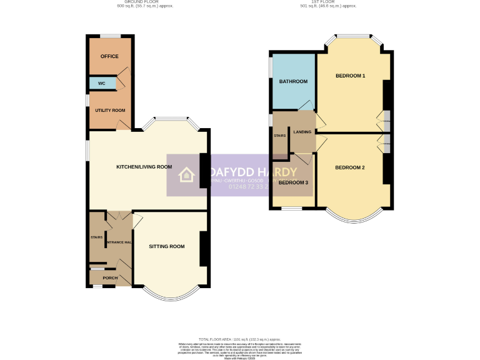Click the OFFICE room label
pyautogui.click(x=109, y=56)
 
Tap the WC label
pyautogui.click(x=101, y=83)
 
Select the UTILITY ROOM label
pyautogui.click(x=110, y=111)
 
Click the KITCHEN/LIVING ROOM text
pyautogui.click(x=144, y=167)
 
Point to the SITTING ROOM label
pyautogui.click(x=167, y=246)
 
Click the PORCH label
pyautogui.click(x=110, y=277)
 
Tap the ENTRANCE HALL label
pyautogui.click(x=118, y=242)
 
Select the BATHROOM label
pyautogui.click(x=293, y=82)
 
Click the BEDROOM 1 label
pyautogui.click(x=350, y=76)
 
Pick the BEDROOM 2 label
pyautogui.click(x=349, y=167)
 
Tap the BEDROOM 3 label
pyautogui.click(x=293, y=182)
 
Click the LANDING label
pyautogui.click(x=302, y=132)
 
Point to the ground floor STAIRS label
pyautogui.click(x=96, y=237)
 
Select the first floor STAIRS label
pyautogui.click(x=279, y=136)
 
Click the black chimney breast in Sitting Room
pyautogui.click(x=202, y=248)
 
